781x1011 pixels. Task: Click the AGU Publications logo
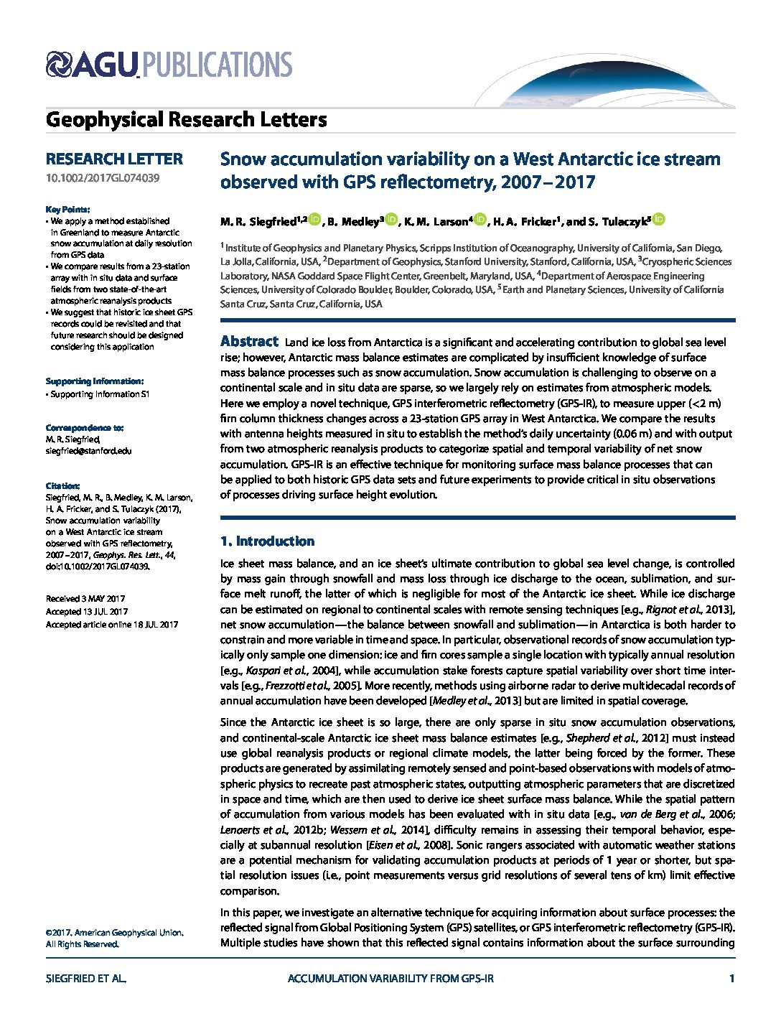point(169,65)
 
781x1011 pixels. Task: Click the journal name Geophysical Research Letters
point(186,119)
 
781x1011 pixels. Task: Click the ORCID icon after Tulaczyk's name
point(659,220)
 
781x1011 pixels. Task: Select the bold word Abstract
point(248,342)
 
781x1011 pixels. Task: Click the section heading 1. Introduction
point(267,541)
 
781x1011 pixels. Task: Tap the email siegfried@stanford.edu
point(88,451)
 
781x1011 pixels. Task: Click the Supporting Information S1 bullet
point(100,394)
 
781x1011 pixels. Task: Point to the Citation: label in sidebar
point(63,486)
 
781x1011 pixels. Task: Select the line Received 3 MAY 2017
point(85,599)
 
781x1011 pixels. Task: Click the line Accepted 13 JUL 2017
point(87,612)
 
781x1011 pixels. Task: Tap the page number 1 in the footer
point(731,979)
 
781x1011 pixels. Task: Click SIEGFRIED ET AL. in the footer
point(86,979)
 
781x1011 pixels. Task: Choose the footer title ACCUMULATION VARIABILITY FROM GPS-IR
point(390,979)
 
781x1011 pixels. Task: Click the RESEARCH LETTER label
point(114,159)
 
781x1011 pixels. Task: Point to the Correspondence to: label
point(84,427)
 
